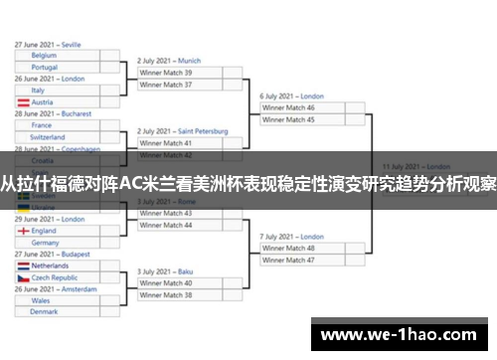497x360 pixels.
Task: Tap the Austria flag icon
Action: point(23,102)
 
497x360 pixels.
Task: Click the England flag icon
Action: point(23,231)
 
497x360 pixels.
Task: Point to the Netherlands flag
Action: point(23,267)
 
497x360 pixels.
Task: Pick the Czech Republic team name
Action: point(55,278)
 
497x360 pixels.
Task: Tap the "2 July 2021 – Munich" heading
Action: point(169,61)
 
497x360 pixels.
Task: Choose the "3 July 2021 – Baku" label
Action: point(166,271)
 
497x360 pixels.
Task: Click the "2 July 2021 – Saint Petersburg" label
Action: point(183,131)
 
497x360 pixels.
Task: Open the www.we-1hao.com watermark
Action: point(403,334)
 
